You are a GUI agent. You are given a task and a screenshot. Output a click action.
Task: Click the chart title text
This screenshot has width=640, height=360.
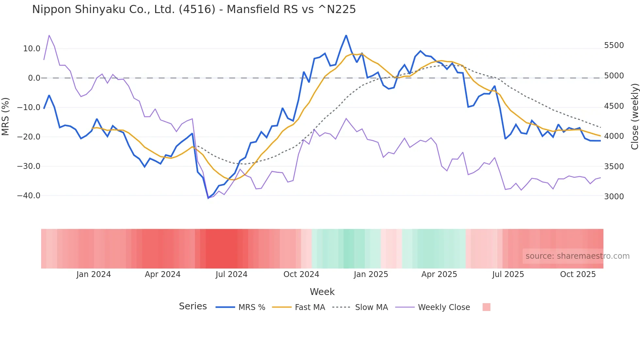coord(194,9)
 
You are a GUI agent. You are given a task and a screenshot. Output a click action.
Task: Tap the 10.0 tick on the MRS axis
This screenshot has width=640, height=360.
coord(32,49)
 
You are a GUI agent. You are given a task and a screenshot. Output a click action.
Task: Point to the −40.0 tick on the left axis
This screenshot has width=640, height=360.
coord(29,196)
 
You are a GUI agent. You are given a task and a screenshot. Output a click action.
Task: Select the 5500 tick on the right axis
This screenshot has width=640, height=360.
coord(614,45)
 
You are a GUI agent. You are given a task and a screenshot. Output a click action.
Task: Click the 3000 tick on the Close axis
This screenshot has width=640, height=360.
coord(614,196)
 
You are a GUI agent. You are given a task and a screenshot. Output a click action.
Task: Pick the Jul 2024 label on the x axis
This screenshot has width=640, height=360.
coord(232,274)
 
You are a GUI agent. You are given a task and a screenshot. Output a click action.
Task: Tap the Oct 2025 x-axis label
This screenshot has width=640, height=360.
coord(578,274)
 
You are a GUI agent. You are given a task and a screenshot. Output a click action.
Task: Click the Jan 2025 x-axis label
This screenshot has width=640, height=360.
coord(371,274)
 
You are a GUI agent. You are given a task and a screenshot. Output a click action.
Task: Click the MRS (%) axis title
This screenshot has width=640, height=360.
coord(6,116)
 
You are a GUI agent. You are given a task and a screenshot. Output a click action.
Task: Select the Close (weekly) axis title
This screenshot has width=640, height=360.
coord(634,116)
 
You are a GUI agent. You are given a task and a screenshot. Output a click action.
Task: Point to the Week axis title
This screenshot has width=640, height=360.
coord(322,292)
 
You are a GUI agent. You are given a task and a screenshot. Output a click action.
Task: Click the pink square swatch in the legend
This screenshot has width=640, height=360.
coord(486,307)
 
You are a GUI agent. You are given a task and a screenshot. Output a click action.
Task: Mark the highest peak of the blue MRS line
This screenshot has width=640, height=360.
coord(346,35)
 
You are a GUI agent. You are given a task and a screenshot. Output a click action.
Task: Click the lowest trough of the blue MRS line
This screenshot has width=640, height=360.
coord(208,198)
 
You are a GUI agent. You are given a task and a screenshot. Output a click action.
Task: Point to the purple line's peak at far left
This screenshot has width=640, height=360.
coord(49,35)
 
